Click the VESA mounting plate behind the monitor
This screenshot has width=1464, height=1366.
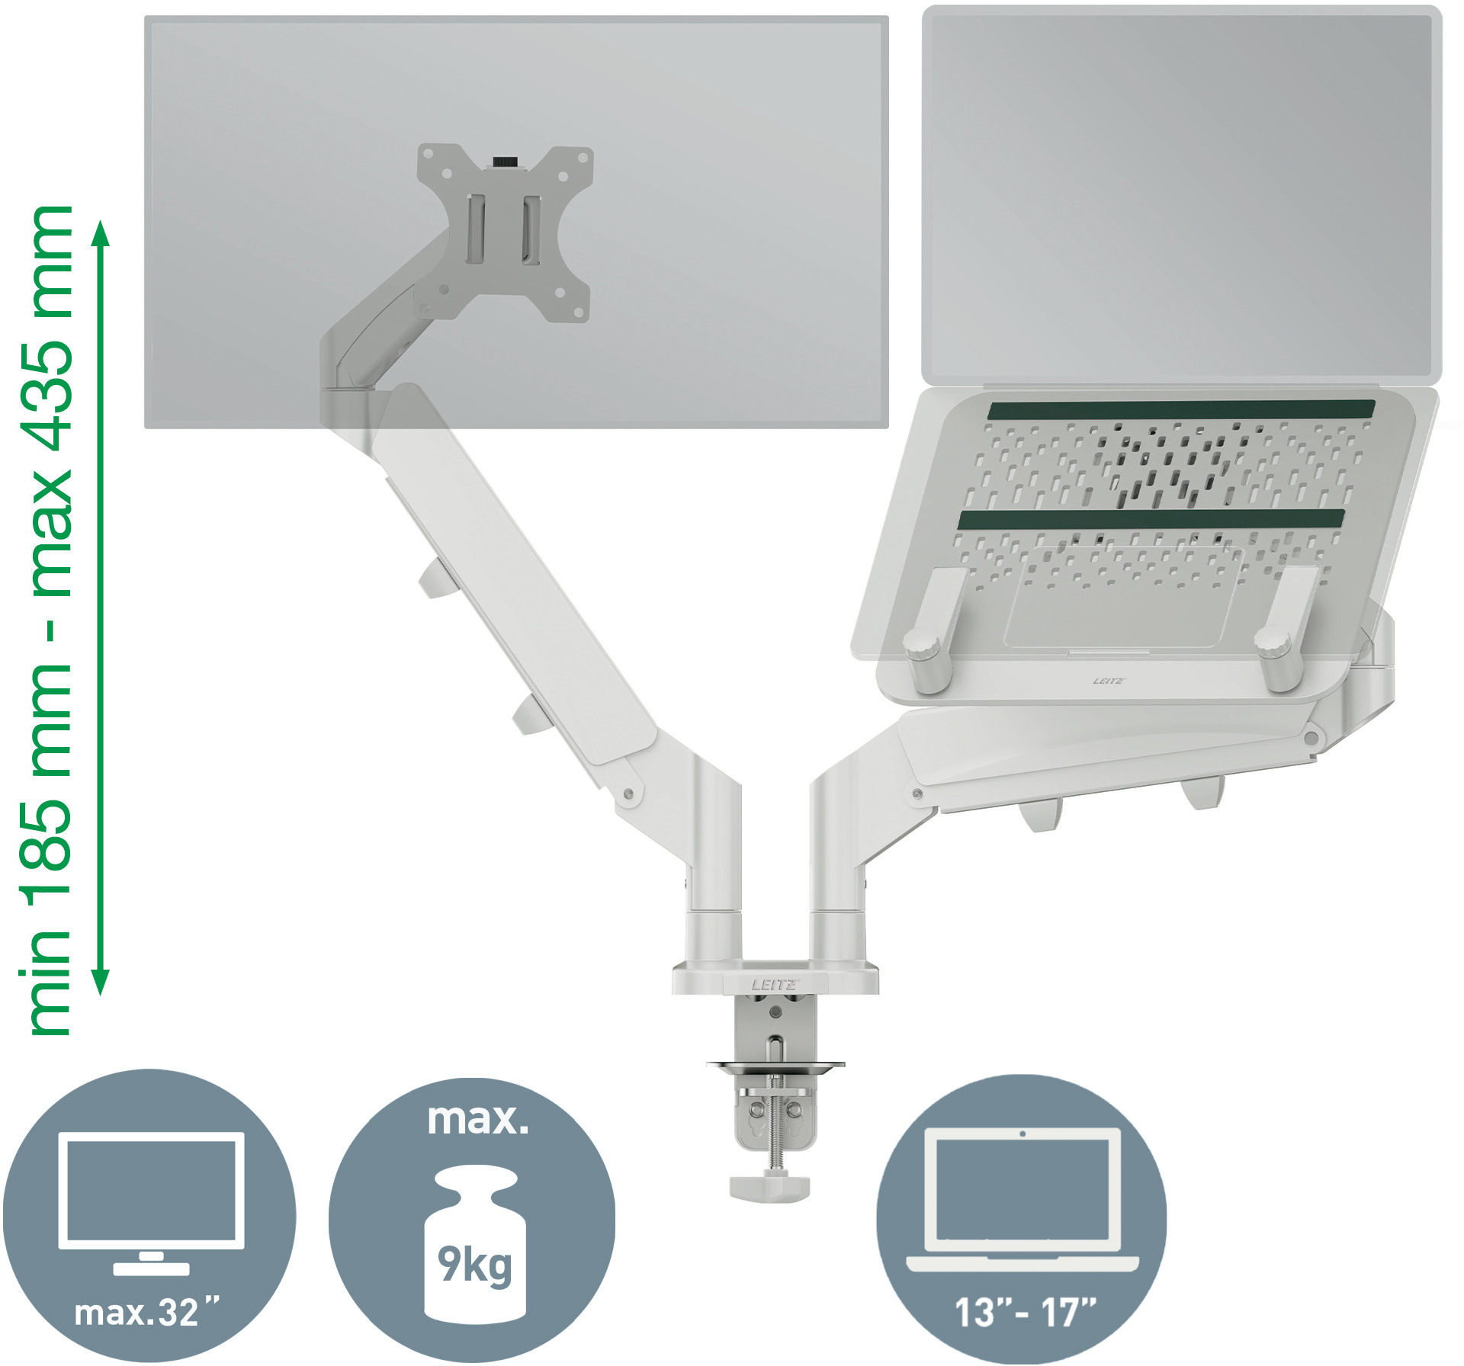point(505,232)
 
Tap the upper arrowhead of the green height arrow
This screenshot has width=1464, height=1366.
point(101,235)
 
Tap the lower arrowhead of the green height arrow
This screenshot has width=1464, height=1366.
point(101,982)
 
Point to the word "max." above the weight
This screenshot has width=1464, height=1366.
point(477,1119)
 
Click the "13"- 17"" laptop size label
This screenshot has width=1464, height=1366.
point(1025,1313)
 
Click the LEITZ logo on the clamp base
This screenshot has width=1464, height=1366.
point(774,985)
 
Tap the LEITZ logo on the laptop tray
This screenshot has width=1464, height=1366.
point(1108,681)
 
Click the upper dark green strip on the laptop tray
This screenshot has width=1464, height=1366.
point(1180,409)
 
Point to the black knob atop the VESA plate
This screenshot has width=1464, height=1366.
point(503,162)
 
